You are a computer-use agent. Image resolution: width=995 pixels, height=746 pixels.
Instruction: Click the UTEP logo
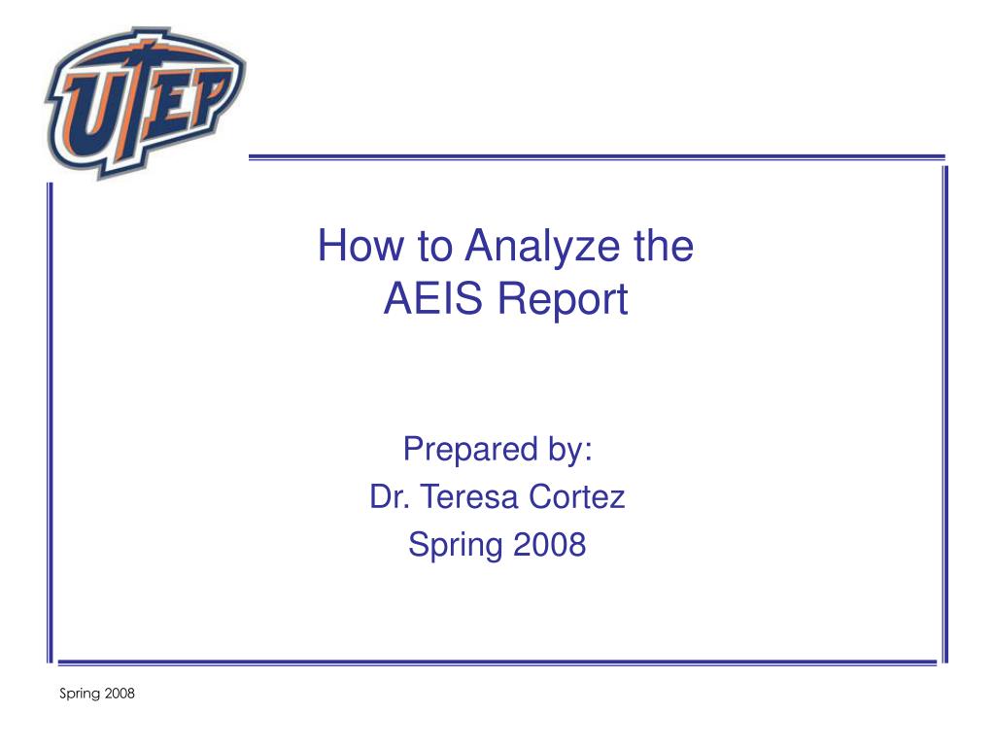pos(145,101)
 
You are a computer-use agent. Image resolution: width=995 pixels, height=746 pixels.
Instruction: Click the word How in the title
pos(360,246)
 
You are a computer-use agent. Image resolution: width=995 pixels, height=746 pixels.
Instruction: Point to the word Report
pos(563,300)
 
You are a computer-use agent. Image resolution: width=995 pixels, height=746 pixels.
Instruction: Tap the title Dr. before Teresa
pos(390,496)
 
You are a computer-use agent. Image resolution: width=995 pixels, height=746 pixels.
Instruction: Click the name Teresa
pos(469,496)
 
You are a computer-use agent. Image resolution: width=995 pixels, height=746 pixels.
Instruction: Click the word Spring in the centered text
pos(456,546)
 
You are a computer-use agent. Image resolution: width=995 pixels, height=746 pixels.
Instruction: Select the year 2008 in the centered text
pos(550,544)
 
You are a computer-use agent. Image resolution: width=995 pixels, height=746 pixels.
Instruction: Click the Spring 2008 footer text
pos(97,694)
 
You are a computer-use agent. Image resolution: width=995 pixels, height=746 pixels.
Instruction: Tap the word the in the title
pos(664,246)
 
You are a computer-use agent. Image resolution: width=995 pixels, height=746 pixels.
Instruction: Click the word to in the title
pos(434,247)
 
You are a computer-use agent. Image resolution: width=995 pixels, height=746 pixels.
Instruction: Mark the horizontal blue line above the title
pos(597,156)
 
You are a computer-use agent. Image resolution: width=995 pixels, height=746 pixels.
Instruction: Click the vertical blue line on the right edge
pos(944,414)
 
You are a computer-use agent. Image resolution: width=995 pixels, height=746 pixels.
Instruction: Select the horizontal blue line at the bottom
pos(497,662)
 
